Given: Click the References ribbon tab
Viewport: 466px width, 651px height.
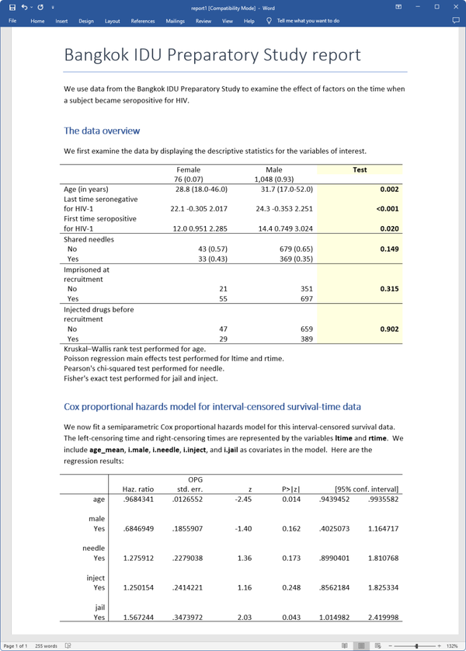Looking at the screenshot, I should click(x=143, y=21).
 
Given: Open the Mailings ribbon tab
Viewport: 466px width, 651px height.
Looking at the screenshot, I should click(x=175, y=21).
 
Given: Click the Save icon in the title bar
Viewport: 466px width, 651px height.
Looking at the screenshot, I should click(x=12, y=7).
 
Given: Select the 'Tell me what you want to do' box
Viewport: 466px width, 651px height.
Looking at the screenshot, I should click(x=308, y=21).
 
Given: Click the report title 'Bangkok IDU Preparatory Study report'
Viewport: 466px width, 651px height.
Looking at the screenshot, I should click(x=212, y=55).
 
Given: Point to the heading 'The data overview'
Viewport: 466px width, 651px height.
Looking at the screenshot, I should click(x=103, y=131).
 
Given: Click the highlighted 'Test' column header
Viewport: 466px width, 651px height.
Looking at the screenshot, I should click(x=360, y=169).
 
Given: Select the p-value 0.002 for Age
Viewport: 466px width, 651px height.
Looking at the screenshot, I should click(x=389, y=190).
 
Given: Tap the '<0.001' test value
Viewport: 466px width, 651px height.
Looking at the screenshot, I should click(x=387, y=209).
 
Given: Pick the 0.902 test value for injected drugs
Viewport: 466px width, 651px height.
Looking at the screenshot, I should click(x=389, y=329).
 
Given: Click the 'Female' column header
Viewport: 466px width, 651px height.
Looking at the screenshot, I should click(x=188, y=169).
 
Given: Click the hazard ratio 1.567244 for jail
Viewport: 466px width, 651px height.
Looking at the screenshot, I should click(x=139, y=618).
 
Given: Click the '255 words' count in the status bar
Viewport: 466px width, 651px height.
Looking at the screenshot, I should click(x=46, y=646).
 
